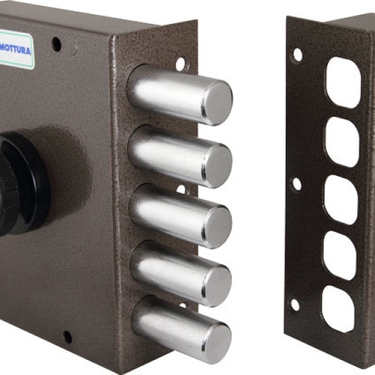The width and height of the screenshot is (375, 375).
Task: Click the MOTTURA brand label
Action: (x=16, y=50)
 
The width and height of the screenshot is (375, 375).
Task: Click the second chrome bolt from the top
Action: (x=180, y=156)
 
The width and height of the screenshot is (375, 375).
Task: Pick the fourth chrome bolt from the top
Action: (x=181, y=273)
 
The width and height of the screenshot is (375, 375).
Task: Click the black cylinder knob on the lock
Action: (x=22, y=183)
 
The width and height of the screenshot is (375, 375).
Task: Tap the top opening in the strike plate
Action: (x=344, y=82)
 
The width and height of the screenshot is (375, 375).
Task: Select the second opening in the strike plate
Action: (x=342, y=142)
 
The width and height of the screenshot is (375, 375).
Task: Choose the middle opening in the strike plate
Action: (x=341, y=200)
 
